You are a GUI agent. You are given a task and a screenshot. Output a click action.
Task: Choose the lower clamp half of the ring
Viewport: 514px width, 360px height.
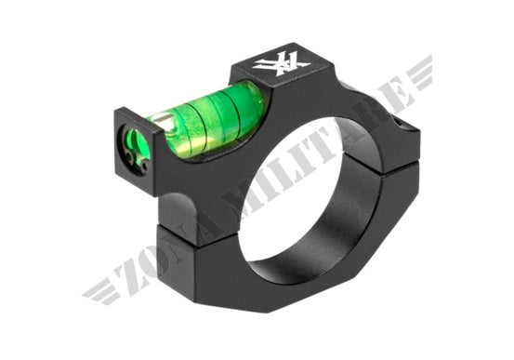point(307,260)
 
